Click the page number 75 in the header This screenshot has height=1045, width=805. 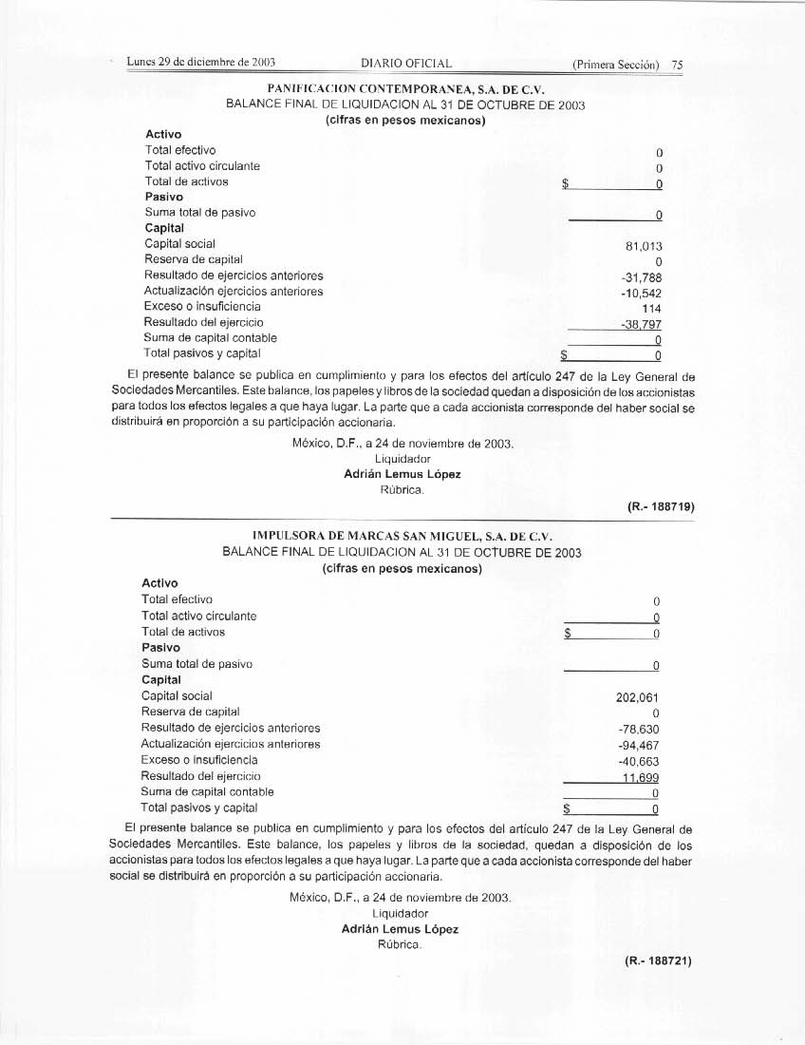click(x=677, y=66)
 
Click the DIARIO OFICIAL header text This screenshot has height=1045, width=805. click(x=406, y=65)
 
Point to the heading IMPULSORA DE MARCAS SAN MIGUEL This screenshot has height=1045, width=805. click(x=402, y=535)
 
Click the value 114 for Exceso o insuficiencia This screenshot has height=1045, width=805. click(x=651, y=309)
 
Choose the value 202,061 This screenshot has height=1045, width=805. click(x=638, y=697)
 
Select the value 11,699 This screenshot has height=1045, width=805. click(x=641, y=777)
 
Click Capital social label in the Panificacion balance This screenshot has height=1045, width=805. click(x=179, y=244)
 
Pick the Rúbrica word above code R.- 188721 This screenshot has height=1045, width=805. click(x=400, y=945)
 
